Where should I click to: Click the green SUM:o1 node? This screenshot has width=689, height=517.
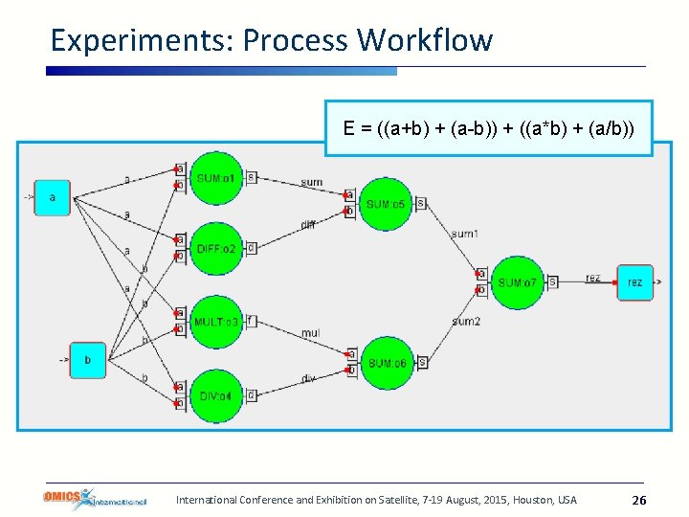215,178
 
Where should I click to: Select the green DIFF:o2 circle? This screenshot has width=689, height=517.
215,249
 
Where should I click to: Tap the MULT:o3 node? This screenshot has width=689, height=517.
215,322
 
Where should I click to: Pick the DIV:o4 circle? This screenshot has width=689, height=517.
215,395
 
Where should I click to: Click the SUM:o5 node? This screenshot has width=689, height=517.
386,204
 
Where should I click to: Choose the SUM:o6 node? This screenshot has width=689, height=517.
386,363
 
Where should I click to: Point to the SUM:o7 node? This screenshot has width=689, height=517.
517,282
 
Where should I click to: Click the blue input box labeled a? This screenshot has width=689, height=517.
53,198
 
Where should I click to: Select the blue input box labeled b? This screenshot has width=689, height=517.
88,360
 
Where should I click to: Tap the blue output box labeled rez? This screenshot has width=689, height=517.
634,282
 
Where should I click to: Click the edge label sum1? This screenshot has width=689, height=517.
465,234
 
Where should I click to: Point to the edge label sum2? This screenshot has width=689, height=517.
466,322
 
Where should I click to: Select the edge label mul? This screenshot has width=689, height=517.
310,333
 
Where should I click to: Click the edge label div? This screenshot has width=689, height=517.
308,379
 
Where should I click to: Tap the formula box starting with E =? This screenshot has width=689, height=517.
488,128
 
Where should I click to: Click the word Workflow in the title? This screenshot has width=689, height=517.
424,40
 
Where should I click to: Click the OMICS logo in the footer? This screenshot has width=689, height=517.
95,499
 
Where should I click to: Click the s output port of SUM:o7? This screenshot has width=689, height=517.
552,281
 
